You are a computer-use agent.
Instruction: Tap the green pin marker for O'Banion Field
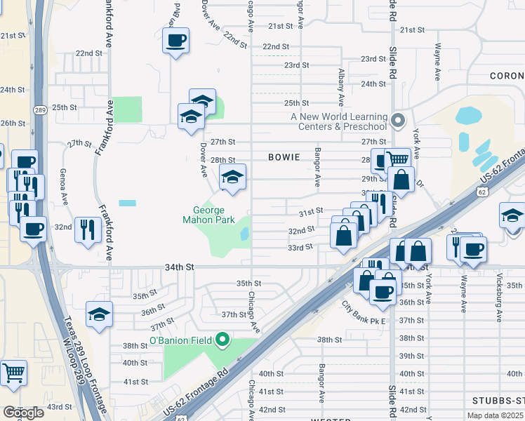coord(223,341)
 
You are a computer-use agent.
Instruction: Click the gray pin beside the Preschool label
coord(398,121)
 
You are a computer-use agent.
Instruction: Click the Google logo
coord(23,412)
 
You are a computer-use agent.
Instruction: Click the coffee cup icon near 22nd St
coord(175,39)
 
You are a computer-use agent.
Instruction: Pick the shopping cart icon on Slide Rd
coord(397,160)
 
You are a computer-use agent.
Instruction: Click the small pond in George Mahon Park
coord(244,234)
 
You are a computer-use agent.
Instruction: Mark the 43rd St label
coord(59,406)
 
